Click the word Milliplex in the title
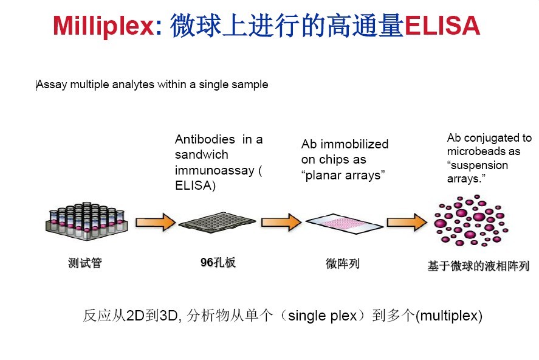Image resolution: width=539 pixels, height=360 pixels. pos(103,26)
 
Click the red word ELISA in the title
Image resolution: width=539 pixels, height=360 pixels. pos(442,26)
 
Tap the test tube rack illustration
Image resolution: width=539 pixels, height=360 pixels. pos(87,221)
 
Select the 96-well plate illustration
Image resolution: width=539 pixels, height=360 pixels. pos(217,221)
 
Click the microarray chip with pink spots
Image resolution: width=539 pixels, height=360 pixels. pos(345,224)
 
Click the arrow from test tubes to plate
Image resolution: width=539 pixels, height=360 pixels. pos(156,222)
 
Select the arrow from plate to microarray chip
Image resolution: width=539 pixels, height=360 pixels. pos(281,222)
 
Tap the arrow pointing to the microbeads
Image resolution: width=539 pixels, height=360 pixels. pos(407,222)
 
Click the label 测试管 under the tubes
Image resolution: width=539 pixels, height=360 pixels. pos(85,263)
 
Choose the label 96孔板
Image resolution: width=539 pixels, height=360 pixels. pos(218,262)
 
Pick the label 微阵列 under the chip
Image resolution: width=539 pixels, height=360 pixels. pos(342,263)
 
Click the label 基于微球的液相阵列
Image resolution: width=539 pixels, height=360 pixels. pos(478,266)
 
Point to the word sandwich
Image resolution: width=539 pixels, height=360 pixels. pos(201,154)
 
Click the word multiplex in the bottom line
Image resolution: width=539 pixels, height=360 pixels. pos(449,315)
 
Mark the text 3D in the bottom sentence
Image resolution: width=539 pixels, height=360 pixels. pos(168,315)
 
